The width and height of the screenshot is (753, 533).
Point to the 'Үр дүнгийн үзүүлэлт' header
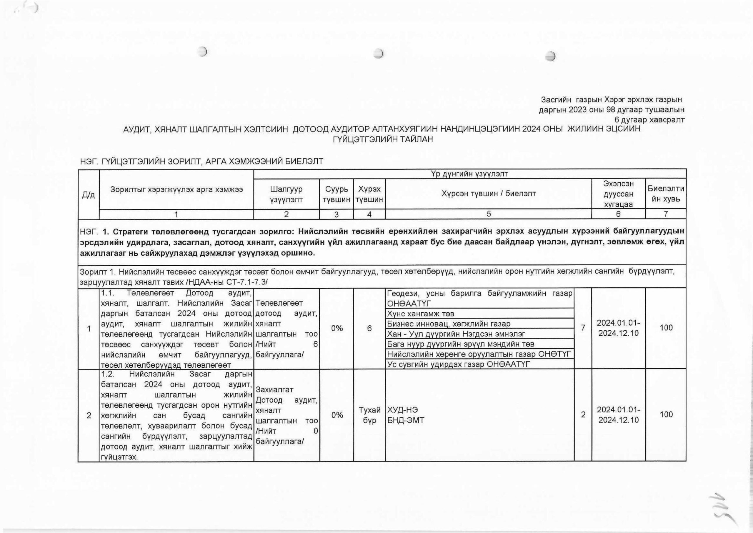click(x=469, y=174)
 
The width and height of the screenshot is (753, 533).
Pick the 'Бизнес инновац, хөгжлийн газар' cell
click(x=449, y=324)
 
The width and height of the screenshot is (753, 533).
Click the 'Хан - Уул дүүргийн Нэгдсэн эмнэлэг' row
click(x=456, y=334)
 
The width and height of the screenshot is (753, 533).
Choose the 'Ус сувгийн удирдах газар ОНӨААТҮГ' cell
click(x=459, y=364)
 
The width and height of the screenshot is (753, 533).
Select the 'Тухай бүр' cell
click(x=369, y=415)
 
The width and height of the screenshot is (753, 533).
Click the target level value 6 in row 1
click(x=369, y=328)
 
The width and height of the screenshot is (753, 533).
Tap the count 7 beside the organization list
click(x=583, y=328)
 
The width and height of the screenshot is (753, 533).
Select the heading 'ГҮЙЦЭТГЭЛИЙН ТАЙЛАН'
click(x=383, y=139)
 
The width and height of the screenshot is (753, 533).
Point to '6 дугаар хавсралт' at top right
click(x=649, y=120)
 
